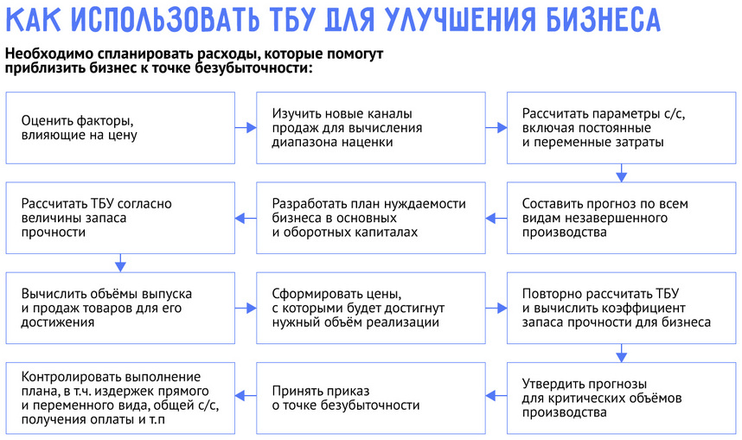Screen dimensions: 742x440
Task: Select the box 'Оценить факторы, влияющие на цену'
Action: click(x=120, y=128)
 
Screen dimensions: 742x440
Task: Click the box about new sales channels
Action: click(x=370, y=128)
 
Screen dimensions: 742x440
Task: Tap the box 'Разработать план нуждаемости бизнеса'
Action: click(x=370, y=218)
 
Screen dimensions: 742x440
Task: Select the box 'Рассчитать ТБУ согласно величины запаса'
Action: click(x=120, y=218)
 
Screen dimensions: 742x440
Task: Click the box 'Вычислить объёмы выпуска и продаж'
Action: click(x=120, y=308)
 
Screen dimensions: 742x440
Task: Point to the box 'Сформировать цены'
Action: click(x=370, y=308)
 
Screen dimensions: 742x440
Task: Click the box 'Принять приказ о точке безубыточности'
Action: click(x=370, y=398)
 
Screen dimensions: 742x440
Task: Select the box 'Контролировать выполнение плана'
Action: click(x=120, y=398)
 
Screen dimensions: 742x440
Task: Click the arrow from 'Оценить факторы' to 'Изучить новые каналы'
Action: click(x=246, y=128)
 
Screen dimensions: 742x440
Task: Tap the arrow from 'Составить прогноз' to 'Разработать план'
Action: click(x=496, y=218)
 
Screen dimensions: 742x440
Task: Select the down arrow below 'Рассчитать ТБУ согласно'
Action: click(x=120, y=263)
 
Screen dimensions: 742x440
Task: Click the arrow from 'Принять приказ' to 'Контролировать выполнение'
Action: click(x=246, y=398)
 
